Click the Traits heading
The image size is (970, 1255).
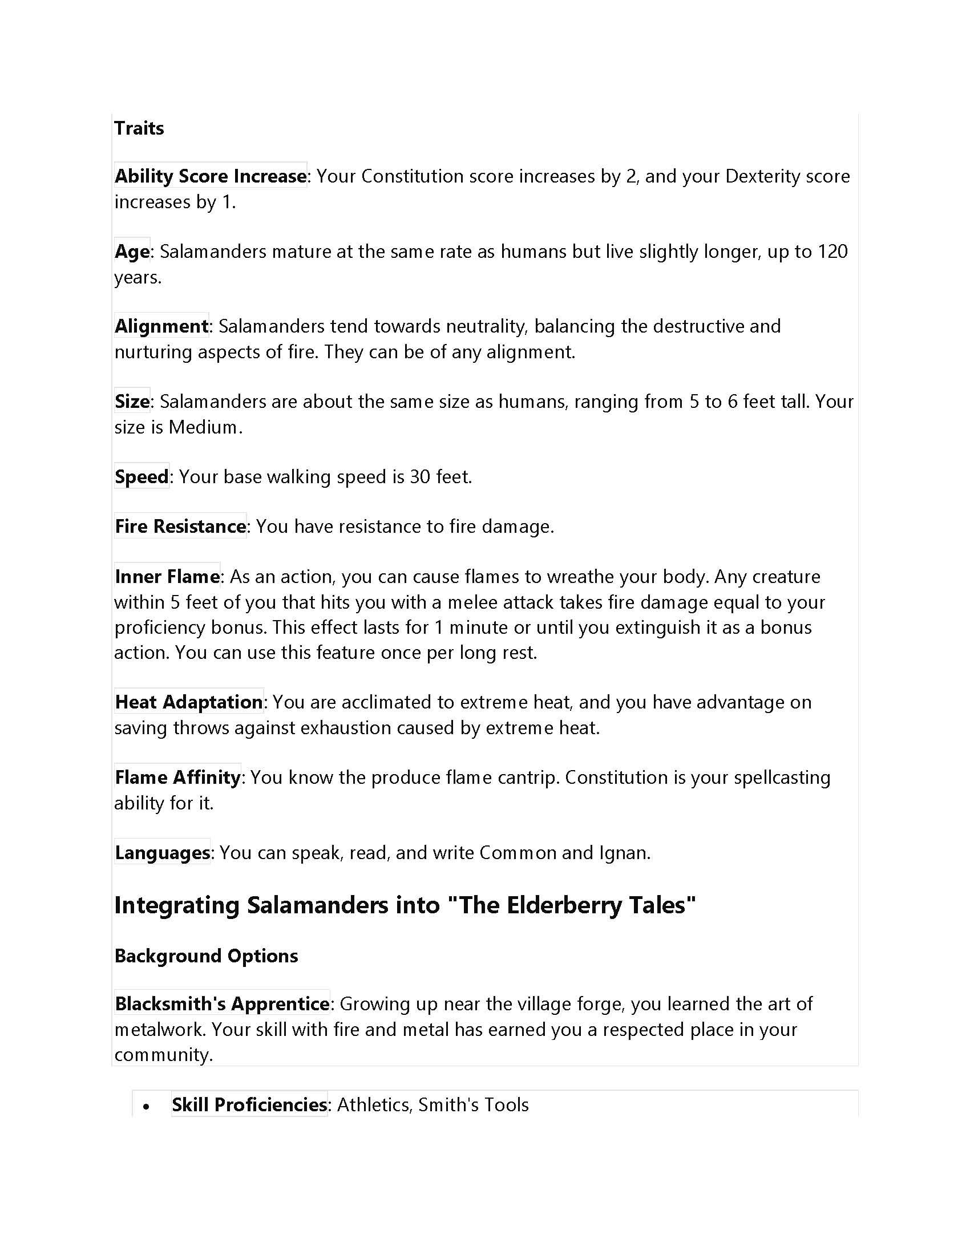139,128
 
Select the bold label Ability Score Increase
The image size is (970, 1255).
211,176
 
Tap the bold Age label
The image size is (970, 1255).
132,251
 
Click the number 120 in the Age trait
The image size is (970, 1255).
831,251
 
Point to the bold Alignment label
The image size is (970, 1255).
161,326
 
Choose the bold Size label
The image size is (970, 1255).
132,401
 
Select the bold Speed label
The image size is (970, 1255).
142,476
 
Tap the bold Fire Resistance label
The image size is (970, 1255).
180,527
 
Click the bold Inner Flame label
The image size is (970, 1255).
167,576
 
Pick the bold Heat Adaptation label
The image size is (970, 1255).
188,702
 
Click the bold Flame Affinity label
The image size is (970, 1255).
177,777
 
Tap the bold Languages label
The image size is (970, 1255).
162,852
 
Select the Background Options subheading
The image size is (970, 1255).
206,956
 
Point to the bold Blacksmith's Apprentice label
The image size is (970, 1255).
222,1003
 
